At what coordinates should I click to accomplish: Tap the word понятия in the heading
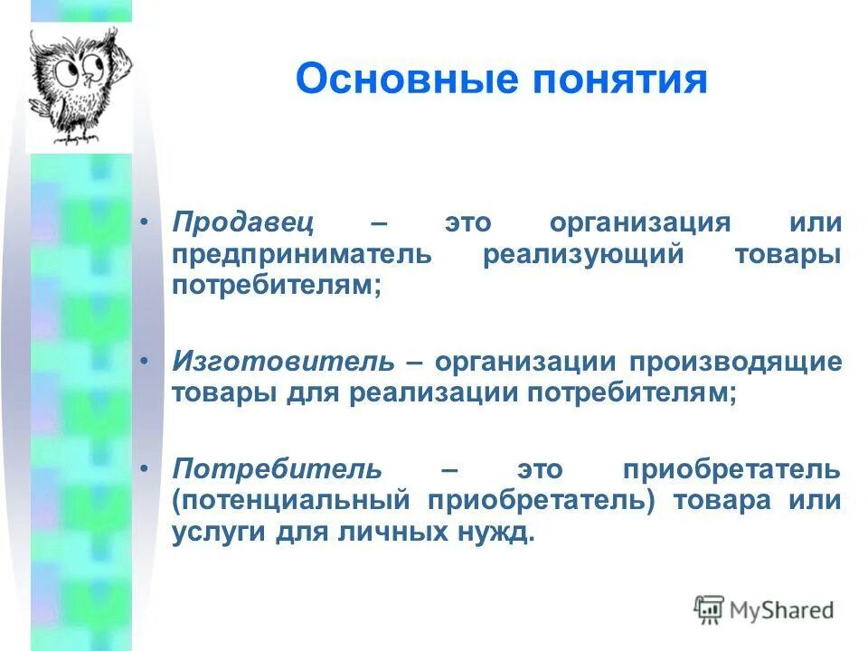click(x=611, y=80)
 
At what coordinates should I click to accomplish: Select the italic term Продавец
click(x=244, y=223)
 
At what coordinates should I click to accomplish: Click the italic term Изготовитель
click(x=284, y=363)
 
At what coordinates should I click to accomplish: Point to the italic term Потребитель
click(x=278, y=470)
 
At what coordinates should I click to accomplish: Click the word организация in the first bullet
click(x=639, y=223)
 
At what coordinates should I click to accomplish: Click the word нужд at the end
click(x=494, y=532)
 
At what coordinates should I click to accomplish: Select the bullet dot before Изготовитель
click(x=147, y=363)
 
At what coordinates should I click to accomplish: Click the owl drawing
click(x=78, y=86)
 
